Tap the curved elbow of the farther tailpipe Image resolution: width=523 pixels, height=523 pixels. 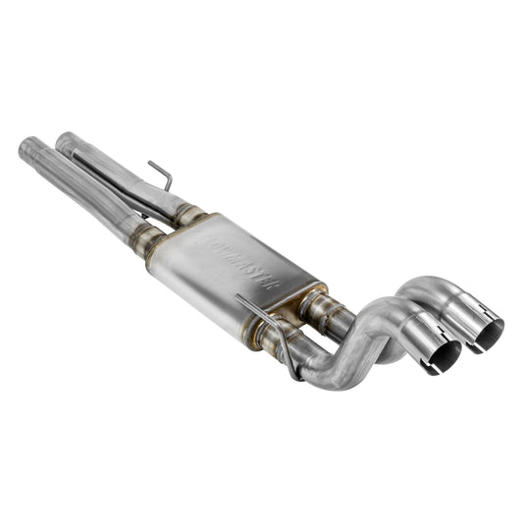click(412, 291)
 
